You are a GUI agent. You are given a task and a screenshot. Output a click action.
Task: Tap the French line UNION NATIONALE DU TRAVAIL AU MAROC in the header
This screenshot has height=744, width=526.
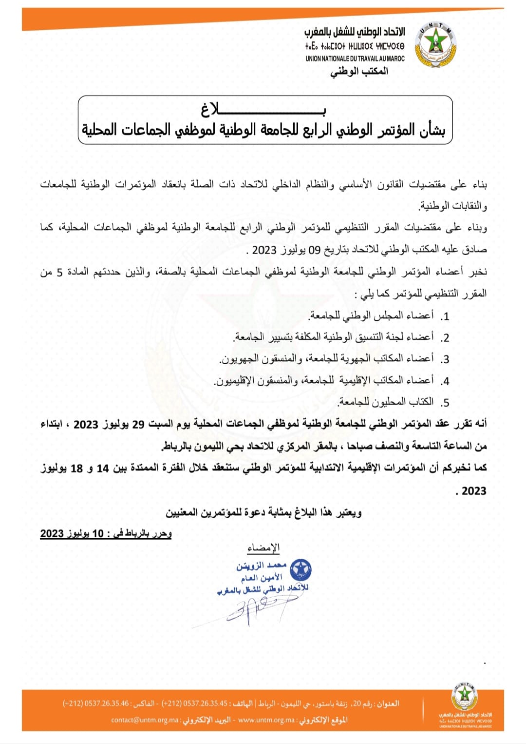coord(355,59)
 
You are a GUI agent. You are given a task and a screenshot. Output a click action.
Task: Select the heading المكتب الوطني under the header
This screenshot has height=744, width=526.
coord(359,71)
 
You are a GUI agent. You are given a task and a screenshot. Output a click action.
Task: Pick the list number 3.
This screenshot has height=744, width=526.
coord(445,360)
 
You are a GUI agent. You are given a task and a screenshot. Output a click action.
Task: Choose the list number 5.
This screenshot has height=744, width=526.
coord(445,403)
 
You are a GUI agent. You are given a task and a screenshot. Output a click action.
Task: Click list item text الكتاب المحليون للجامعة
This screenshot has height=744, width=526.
coord(385,402)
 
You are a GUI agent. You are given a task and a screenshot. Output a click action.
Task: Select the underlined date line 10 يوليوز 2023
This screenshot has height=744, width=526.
coord(106,533)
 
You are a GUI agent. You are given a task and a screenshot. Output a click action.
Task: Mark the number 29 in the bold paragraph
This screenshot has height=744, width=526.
coord(139,424)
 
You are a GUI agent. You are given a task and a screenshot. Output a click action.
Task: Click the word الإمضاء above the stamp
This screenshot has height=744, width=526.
coord(263,548)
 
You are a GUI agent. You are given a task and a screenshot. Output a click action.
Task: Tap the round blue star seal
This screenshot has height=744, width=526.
coord(301,569)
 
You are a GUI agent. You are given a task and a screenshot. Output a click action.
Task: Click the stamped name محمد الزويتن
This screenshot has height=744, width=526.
coord(262,566)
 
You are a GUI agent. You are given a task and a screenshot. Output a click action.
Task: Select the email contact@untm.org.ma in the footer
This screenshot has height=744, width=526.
coord(145,720)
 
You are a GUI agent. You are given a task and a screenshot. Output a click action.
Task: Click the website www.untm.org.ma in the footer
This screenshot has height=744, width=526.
coord(266,720)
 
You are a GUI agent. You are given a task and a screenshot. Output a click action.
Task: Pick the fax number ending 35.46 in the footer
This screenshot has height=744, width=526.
coord(96,704)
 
